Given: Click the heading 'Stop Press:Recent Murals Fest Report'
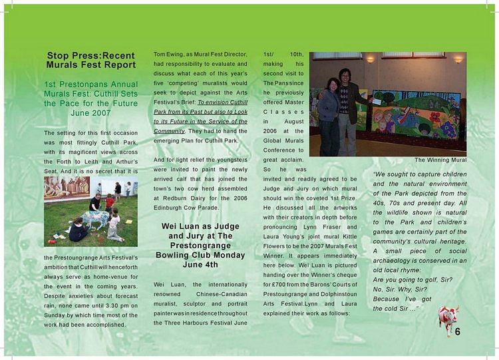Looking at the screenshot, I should (90, 60).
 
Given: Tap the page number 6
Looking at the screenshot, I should (458, 333).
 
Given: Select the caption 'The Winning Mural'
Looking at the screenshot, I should (440, 160).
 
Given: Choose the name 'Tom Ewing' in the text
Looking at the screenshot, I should (168, 54).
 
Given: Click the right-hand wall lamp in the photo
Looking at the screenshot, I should (457, 59).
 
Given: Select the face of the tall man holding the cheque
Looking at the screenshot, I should (345, 75).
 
